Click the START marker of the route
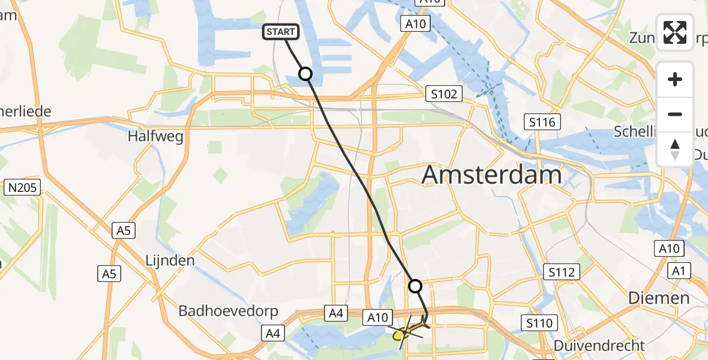(280, 32)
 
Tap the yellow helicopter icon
(410, 329)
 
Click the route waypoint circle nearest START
(305, 74)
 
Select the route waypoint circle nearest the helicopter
(415, 286)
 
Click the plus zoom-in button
(675, 79)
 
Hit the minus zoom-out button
(675, 114)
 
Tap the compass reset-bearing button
(675, 149)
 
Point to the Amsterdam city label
(492, 175)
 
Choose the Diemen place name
(658, 298)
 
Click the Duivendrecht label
(591, 346)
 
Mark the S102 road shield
(444, 94)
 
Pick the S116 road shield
(542, 122)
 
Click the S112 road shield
(562, 272)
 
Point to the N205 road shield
(23, 188)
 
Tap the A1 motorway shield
(679, 271)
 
